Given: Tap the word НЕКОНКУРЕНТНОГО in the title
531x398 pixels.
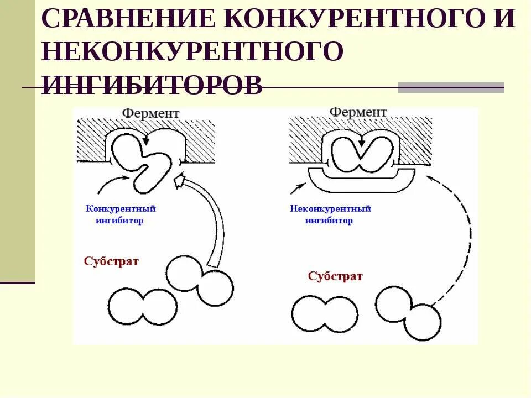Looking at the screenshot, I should click(192, 51).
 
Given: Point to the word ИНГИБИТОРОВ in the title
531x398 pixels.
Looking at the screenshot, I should click(152, 84).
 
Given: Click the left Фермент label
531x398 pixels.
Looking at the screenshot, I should click(151, 113).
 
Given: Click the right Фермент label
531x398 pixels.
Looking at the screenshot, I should click(358, 112).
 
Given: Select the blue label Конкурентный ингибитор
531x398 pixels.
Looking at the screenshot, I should click(121, 214).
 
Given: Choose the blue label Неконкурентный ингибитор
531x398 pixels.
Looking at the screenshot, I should click(330, 214).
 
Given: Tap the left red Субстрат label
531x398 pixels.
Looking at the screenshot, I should click(111, 261).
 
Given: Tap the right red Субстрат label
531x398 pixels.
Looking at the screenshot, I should click(335, 276).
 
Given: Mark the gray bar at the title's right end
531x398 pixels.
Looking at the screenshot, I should click(451, 87).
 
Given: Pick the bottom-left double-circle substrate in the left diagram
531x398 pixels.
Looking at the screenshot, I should click(143, 306).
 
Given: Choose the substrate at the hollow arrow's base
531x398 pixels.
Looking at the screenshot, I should click(200, 280).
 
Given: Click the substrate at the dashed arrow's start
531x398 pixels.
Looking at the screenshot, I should click(408, 313).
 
